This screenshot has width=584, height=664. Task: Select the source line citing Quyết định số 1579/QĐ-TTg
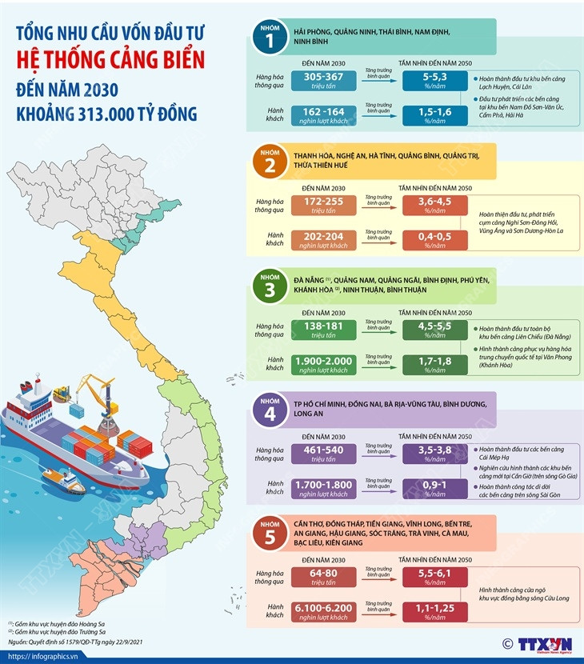(x=77, y=641)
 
